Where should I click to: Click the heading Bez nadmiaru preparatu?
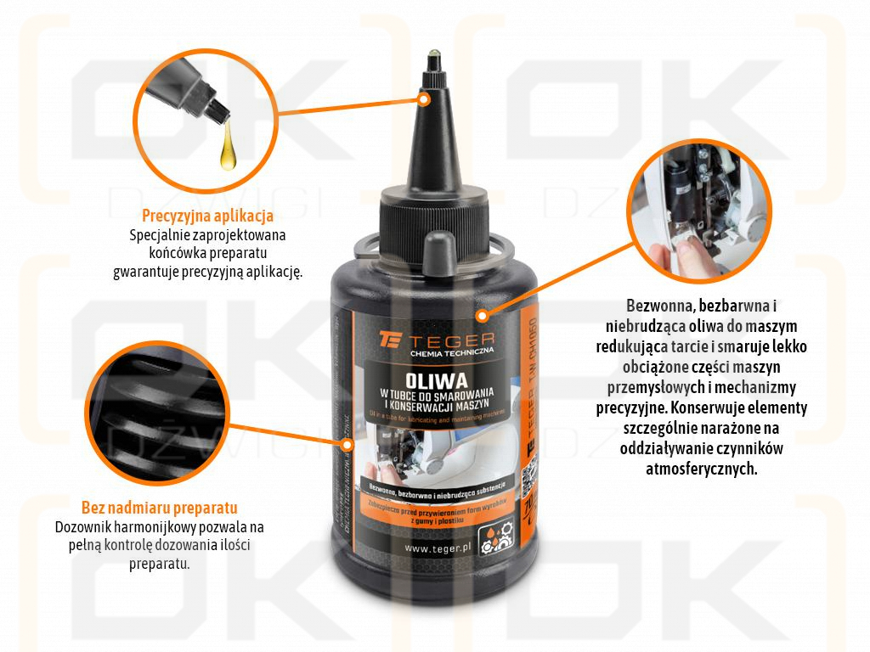click(159, 509)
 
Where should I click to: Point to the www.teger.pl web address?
click(438, 548)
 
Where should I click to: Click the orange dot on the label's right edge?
click(482, 317)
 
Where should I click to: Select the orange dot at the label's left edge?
click(346, 442)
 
